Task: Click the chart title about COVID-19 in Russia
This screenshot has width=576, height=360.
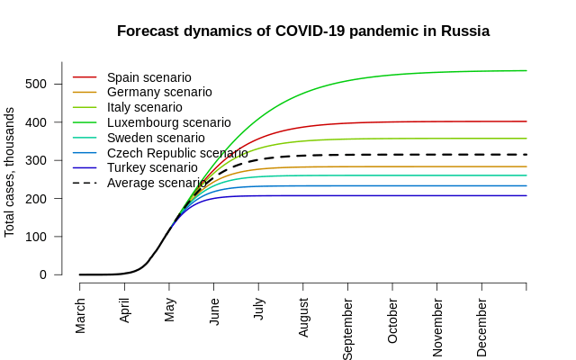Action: (x=303, y=31)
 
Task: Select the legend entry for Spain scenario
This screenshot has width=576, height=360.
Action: (x=148, y=77)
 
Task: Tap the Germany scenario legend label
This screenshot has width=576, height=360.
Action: (x=159, y=92)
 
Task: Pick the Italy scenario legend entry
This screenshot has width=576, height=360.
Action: (x=144, y=107)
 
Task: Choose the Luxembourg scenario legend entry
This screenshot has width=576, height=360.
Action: (x=168, y=122)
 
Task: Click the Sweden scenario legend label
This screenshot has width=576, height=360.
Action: (x=156, y=138)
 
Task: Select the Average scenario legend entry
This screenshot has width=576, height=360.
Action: (x=157, y=183)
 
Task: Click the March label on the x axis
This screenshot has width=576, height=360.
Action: (x=80, y=316)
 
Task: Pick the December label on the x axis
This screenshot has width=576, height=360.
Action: (x=482, y=324)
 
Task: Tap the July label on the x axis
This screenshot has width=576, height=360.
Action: (x=259, y=311)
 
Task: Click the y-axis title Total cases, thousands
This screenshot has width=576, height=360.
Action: (x=10, y=172)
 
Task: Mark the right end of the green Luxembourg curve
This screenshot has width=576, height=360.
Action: (x=526, y=70)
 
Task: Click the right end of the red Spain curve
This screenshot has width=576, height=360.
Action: (x=526, y=121)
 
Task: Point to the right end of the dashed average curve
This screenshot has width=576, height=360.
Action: (x=526, y=155)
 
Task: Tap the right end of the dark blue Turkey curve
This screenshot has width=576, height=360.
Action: (x=526, y=195)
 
